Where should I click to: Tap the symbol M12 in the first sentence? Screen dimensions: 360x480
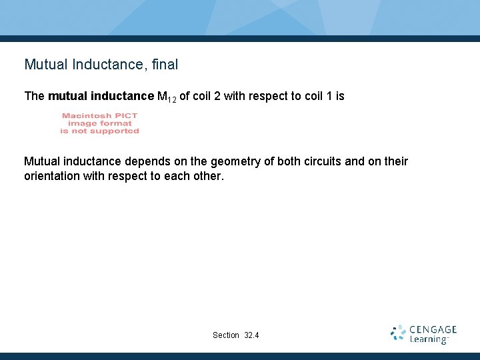click(x=166, y=97)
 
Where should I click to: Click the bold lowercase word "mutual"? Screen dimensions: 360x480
click(x=66, y=96)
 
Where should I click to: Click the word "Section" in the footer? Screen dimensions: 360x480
click(x=225, y=335)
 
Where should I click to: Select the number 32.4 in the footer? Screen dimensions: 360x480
click(x=252, y=335)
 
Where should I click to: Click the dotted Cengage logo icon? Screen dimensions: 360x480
click(x=399, y=333)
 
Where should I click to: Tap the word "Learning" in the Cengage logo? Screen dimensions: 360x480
click(x=428, y=339)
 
